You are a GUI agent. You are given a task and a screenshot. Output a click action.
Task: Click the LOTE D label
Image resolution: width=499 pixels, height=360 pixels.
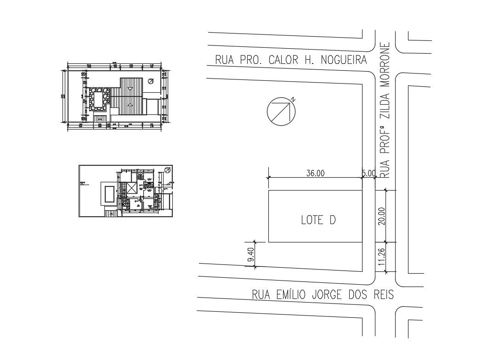pyautogui.click(x=318, y=220)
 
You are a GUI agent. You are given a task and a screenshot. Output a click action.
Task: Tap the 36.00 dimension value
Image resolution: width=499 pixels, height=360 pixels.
pyautogui.click(x=315, y=173)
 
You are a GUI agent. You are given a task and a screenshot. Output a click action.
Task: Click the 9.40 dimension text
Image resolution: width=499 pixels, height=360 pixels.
pyautogui.click(x=250, y=254)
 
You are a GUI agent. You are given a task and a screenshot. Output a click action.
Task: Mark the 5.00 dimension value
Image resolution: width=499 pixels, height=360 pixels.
pyautogui.click(x=369, y=173)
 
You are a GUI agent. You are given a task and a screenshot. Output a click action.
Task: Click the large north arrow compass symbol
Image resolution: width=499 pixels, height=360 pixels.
pyautogui.click(x=280, y=112)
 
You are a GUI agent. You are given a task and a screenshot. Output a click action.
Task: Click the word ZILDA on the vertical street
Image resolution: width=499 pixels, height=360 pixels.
pyautogui.click(x=386, y=106)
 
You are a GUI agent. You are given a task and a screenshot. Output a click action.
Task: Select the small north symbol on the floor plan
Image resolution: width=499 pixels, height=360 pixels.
pyautogui.click(x=167, y=170)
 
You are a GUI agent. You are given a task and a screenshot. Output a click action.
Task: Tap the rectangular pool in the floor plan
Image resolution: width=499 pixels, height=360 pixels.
pyautogui.click(x=109, y=194)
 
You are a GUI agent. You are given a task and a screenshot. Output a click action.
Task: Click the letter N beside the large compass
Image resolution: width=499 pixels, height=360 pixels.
pyautogui.click(x=292, y=99)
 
